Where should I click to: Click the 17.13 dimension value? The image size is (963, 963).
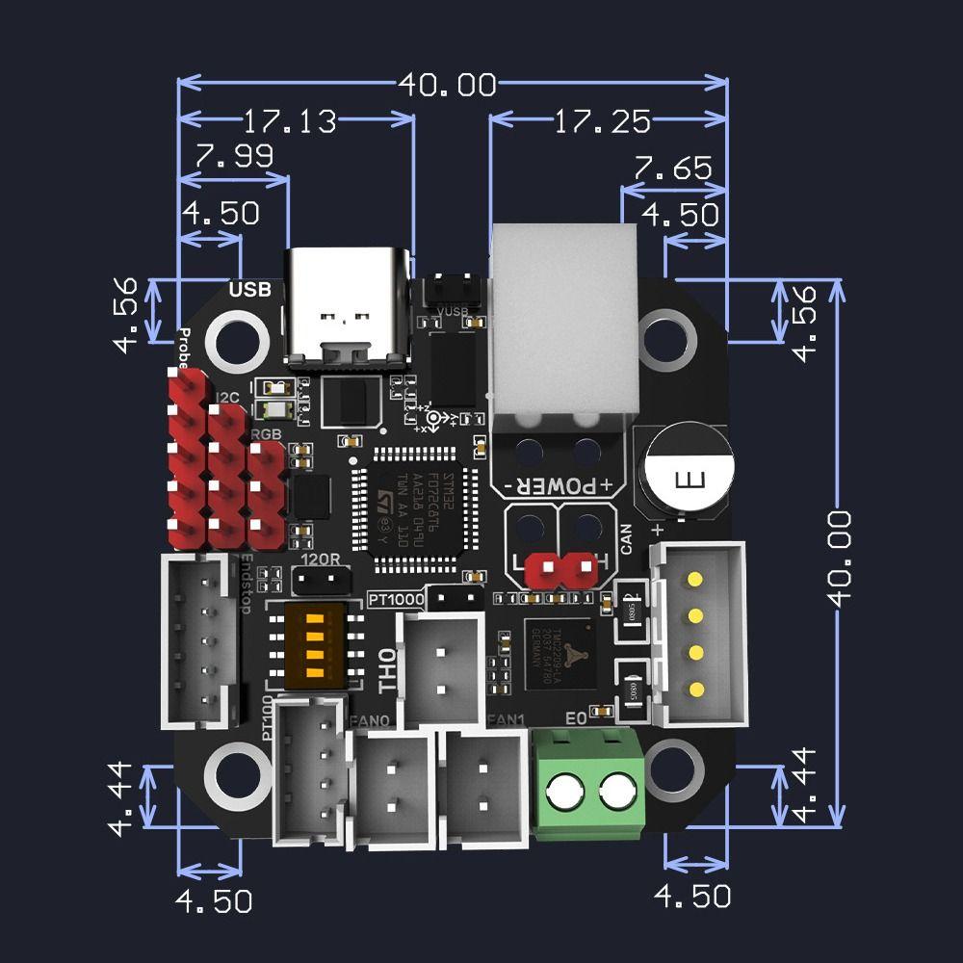(x=289, y=121)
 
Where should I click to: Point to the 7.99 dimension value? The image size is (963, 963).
(x=234, y=156)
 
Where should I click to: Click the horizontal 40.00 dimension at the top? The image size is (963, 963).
(x=448, y=85)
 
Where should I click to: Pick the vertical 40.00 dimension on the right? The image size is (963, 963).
(x=840, y=558)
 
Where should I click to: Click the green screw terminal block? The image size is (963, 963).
(x=588, y=784)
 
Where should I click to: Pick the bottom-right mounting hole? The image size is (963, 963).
(x=672, y=770)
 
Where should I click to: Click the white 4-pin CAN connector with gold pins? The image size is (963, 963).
(x=700, y=634)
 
